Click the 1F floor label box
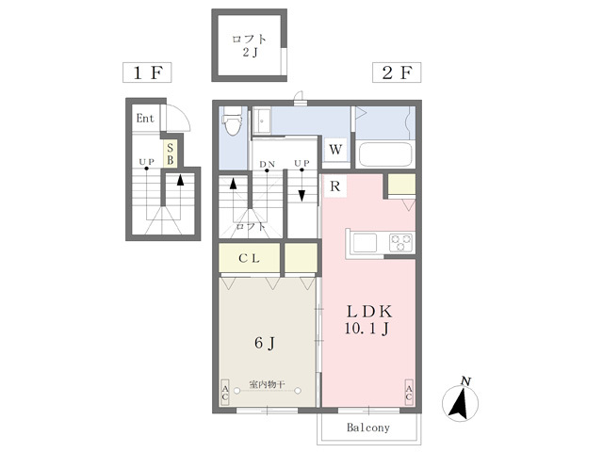tap(147, 73)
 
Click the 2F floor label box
tap(397, 73)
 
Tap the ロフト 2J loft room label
tap(249, 45)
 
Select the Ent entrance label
tap(145, 119)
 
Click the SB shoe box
tap(170, 153)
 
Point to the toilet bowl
tap(232, 121)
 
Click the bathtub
tap(385, 153)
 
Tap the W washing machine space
tap(335, 149)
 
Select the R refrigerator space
tap(335, 186)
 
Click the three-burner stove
tap(401, 243)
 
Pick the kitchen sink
tap(365, 243)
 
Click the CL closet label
tap(249, 258)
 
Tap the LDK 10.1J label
tap(368, 319)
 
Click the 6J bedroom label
tap(265, 343)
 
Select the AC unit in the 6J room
tap(225, 392)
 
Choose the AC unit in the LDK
tap(409, 392)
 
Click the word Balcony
tap(368, 428)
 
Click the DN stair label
tap(267, 164)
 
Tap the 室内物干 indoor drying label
tap(267, 384)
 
